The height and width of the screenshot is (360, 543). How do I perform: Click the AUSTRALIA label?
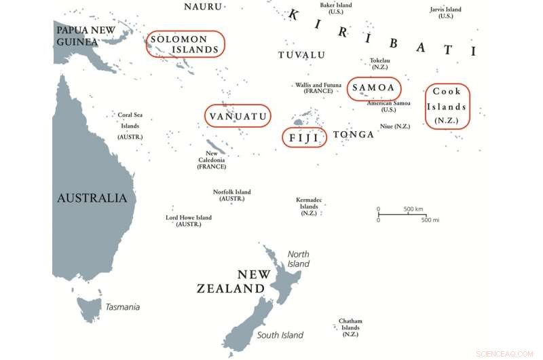pyautogui.click(x=92, y=198)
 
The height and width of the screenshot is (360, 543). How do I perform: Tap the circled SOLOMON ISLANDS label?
pyautogui.click(x=185, y=44)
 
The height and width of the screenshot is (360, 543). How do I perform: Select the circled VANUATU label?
pyautogui.click(x=238, y=117)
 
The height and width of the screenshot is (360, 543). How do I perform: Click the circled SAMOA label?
pyautogui.click(x=373, y=88)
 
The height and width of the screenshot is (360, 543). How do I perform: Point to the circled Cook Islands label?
pyautogui.click(x=447, y=107)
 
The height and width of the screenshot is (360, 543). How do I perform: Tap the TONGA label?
pyautogui.click(x=353, y=134)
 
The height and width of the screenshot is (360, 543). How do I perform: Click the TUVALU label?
pyautogui.click(x=301, y=55)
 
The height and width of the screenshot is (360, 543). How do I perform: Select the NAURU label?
pyautogui.click(x=203, y=6)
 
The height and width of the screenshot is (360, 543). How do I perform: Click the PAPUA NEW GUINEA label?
pyautogui.click(x=86, y=35)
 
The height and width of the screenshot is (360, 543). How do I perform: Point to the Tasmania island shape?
pyautogui.click(x=89, y=307)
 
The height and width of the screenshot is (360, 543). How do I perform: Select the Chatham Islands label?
pyautogui.click(x=350, y=328)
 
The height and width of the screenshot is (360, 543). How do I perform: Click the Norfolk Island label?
pyautogui.click(x=232, y=195)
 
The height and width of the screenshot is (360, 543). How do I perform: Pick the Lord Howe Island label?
pyautogui.click(x=189, y=221)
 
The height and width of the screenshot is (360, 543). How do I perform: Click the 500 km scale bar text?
pyautogui.click(x=413, y=209)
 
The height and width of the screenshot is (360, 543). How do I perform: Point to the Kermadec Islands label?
pyautogui.click(x=309, y=206)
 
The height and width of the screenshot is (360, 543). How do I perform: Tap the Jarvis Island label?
pyautogui.click(x=445, y=12)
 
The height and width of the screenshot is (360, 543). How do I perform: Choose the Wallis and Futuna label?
pyautogui.click(x=318, y=88)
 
